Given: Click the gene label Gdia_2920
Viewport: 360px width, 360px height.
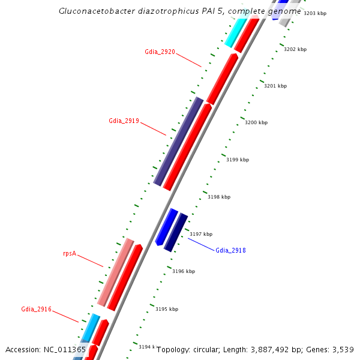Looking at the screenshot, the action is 160,52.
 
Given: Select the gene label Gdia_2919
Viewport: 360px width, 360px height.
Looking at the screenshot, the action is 124,121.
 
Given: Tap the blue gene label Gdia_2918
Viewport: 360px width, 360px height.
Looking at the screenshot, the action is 230,250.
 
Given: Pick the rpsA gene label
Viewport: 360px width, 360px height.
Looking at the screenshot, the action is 70,253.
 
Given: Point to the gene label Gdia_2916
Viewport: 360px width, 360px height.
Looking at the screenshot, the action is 36,310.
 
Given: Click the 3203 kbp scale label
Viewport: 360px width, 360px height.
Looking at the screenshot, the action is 314,13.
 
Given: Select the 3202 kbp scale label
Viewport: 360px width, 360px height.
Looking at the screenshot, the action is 295,49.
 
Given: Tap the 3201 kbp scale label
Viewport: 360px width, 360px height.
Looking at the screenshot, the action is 275,86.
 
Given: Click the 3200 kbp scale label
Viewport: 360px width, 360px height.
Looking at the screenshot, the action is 256,122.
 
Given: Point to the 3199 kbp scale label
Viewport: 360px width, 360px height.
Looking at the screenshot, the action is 237,160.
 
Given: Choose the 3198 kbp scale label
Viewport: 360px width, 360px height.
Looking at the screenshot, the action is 219,197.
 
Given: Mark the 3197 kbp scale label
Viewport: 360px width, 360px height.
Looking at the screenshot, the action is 201,234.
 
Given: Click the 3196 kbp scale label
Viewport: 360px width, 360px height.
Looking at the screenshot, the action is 184,271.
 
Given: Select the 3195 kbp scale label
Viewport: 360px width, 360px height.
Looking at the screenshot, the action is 167,309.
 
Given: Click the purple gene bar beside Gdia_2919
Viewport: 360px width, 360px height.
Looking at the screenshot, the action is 178,141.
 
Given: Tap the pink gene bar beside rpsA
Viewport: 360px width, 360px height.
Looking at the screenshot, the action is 116,272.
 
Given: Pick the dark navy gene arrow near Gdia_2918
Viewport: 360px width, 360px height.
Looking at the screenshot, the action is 176,232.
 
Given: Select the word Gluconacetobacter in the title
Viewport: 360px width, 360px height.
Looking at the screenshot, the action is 95,11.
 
